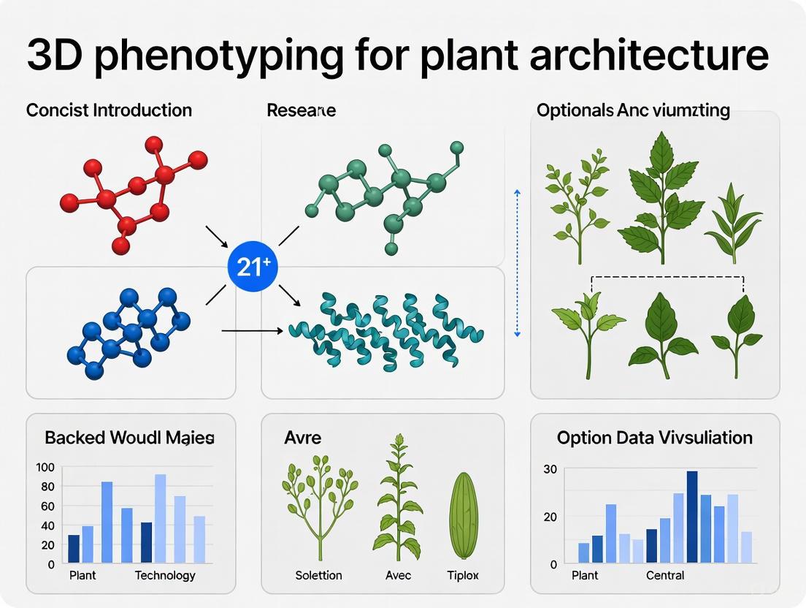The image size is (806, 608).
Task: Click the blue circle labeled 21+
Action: pos(253,266)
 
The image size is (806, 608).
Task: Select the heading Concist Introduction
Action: pos(109,110)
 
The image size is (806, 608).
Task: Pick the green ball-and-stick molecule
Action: pos(388,193)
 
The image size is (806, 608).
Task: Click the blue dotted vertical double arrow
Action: pos(517,262)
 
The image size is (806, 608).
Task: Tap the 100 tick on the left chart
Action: pos(45,468)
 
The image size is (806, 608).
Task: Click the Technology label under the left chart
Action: pos(165,575)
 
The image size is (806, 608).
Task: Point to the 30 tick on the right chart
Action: pos(550,469)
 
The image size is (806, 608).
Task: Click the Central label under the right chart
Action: pos(665,575)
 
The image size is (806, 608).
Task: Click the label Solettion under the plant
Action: pos(318,576)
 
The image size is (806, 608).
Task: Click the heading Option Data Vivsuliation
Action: pos(654,438)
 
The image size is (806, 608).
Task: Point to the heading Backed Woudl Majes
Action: pos(129,438)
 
